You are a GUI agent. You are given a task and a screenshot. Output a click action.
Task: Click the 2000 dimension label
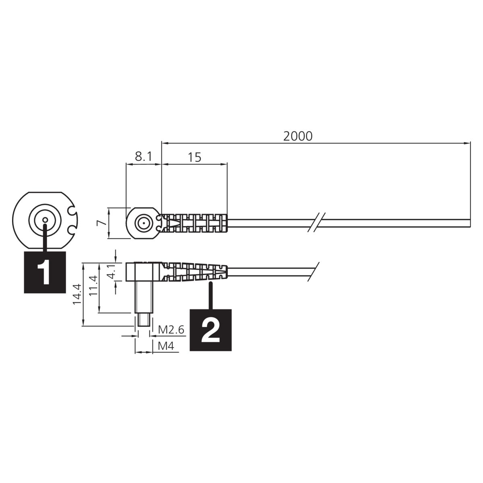point(298,136)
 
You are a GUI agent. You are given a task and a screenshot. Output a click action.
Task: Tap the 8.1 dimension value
point(143,157)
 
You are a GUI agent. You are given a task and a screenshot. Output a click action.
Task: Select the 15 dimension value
point(194,157)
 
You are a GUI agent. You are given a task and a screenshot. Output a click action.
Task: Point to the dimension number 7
point(101,223)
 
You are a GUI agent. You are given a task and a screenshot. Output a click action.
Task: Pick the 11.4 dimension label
point(93,286)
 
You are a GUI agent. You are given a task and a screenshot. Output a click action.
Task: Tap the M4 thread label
point(166,346)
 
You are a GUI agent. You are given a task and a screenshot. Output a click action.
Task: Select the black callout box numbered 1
point(45,272)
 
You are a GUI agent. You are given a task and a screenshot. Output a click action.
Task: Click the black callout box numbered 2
point(211,330)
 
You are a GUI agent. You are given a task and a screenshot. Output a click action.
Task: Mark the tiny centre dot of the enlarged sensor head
point(45,220)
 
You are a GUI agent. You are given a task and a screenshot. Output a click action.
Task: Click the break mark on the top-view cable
point(317,223)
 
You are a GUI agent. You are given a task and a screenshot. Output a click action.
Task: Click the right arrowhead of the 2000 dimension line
point(467,143)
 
